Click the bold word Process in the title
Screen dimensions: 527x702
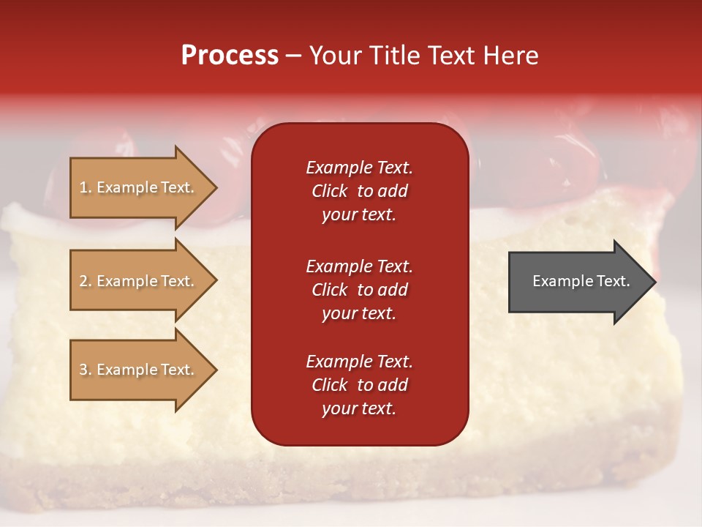point(230,56)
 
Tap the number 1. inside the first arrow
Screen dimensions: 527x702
point(86,188)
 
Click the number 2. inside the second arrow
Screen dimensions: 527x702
point(86,282)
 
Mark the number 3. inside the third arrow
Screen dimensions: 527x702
point(86,370)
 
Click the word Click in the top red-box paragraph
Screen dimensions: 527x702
point(330,192)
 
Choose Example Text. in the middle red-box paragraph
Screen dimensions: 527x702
point(359,266)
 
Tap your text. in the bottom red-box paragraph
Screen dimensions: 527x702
point(359,408)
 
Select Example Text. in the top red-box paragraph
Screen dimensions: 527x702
point(359,168)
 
